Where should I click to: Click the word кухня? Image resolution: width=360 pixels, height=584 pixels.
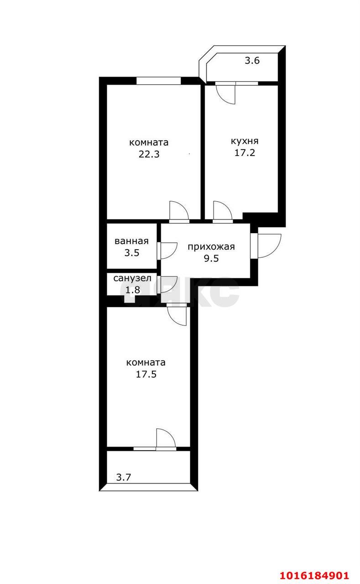click(245, 141)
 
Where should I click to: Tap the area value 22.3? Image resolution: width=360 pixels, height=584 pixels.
click(149, 154)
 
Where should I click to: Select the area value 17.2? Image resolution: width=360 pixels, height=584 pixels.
click(245, 152)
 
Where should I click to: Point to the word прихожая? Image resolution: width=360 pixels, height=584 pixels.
click(211, 247)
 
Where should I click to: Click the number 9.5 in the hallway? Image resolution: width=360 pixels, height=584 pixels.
click(211, 258)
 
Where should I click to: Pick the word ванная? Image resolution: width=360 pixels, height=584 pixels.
click(132, 241)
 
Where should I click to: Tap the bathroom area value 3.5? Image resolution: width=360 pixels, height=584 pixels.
click(132, 253)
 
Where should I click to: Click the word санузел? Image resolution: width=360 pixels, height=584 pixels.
click(132, 278)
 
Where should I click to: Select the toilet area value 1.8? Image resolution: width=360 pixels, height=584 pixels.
click(133, 290)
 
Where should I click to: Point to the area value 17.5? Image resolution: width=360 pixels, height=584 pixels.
click(146, 374)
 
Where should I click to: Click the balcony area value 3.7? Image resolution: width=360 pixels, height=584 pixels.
click(123, 477)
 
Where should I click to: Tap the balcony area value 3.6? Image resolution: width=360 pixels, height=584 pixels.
click(252, 61)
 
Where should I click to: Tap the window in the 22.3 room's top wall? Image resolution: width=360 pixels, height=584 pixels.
click(158, 81)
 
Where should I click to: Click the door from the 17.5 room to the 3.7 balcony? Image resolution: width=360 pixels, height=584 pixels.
click(166, 439)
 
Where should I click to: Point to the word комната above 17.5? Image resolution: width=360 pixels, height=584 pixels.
click(146, 363)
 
